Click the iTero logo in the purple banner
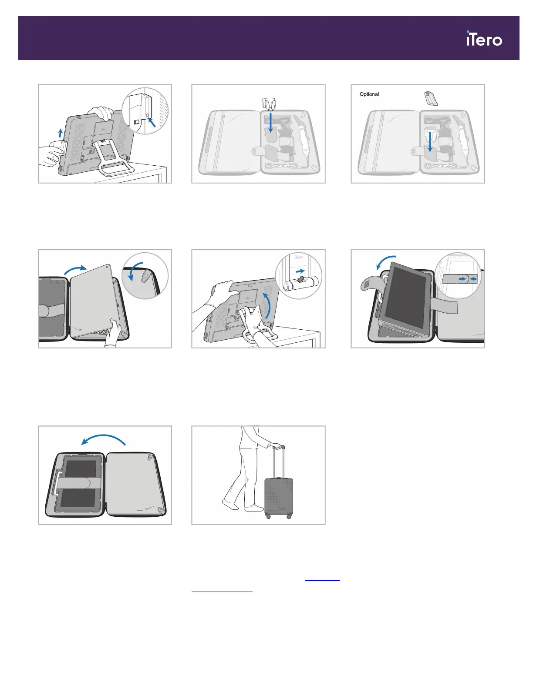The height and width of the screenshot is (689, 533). pyautogui.click(x=484, y=39)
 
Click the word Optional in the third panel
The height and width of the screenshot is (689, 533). pyautogui.click(x=369, y=94)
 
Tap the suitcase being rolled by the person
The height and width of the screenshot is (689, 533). pyautogui.click(x=279, y=496)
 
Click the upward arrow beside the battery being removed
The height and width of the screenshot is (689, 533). pyautogui.click(x=61, y=132)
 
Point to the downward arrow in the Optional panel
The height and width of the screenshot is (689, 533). pyautogui.click(x=430, y=141)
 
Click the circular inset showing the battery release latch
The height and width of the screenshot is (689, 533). pyautogui.click(x=145, y=111)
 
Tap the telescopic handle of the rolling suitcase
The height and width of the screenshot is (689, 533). pyautogui.click(x=279, y=461)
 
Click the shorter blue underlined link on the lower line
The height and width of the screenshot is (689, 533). pyautogui.click(x=222, y=591)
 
